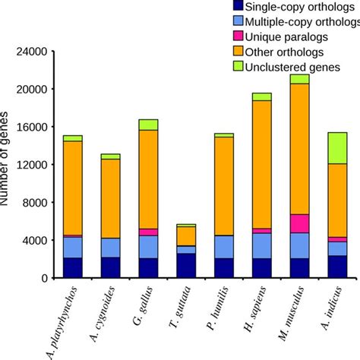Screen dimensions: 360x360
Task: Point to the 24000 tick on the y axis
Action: pos(30,52)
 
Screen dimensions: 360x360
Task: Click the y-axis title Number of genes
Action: pos(7,159)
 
